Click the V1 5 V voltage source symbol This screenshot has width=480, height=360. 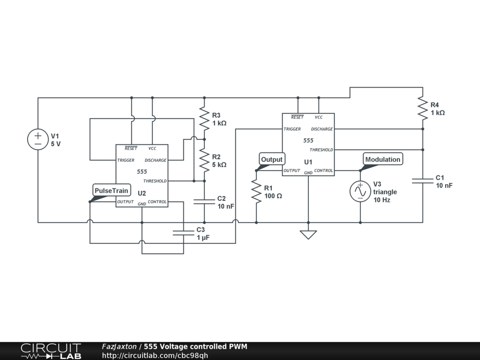pyautogui.click(x=38, y=140)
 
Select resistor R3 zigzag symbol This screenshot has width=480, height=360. pyautogui.click(x=204, y=118)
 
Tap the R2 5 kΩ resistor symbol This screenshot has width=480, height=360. pyautogui.click(x=204, y=160)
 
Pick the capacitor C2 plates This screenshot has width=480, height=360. pyautogui.click(x=204, y=202)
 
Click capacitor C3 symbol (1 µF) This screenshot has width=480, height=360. pyautogui.click(x=183, y=232)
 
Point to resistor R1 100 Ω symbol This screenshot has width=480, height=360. pyautogui.click(x=256, y=192)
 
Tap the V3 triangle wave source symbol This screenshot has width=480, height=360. pyautogui.click(x=360, y=191)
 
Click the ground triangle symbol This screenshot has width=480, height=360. pyautogui.click(x=308, y=234)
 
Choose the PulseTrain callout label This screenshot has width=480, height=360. pyautogui.click(x=111, y=191)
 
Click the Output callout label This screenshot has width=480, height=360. pyautogui.click(x=272, y=159)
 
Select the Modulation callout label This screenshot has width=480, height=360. pyautogui.click(x=382, y=159)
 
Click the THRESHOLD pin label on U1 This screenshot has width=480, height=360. pyautogui.click(x=322, y=150)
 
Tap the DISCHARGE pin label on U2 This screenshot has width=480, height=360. pyautogui.click(x=156, y=160)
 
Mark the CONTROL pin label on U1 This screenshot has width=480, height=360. pyautogui.click(x=323, y=171)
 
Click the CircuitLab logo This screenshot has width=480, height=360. pyautogui.click(x=51, y=351)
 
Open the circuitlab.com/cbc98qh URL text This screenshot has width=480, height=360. pyautogui.click(x=155, y=355)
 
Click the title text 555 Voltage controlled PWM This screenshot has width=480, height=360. pyautogui.click(x=195, y=346)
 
